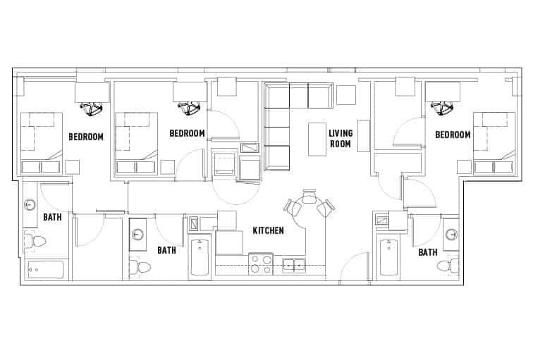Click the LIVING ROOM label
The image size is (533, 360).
click(x=340, y=138)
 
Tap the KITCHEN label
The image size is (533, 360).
click(x=269, y=230)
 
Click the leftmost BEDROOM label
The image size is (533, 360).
click(x=86, y=137)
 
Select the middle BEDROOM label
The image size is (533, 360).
click(x=187, y=133)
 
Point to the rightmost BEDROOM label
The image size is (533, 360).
click(x=453, y=135)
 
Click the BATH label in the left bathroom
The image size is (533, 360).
click(x=52, y=217)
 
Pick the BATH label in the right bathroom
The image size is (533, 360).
click(x=428, y=252)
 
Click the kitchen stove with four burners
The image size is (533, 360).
click(x=261, y=263)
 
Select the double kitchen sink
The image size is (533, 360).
click(x=294, y=265)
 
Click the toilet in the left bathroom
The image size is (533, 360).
click(x=37, y=242)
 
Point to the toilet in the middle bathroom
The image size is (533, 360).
click(x=142, y=267)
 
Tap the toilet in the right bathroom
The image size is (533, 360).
click(x=445, y=266)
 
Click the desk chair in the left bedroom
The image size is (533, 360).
click(x=92, y=108)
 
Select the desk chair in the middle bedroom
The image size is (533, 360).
click(x=189, y=108)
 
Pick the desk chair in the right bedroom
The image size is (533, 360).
click(x=442, y=108)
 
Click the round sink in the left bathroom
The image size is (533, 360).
click(x=30, y=205)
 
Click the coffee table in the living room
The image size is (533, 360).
click(x=317, y=139)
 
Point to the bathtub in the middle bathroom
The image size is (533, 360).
click(x=200, y=258)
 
